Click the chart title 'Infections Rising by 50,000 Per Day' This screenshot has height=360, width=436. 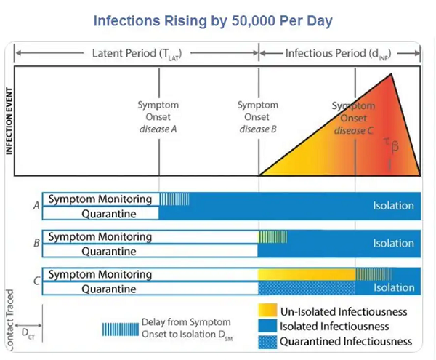click(x=213, y=20)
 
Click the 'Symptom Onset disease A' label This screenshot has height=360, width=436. click(x=158, y=117)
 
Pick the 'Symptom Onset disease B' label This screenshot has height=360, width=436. click(x=258, y=117)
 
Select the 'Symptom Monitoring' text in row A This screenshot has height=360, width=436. click(x=100, y=199)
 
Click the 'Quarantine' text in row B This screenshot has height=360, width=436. click(x=108, y=252)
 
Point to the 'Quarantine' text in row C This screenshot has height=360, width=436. click(x=108, y=289)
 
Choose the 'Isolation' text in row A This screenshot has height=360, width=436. click(x=393, y=206)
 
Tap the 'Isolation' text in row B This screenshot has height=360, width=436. click(x=393, y=244)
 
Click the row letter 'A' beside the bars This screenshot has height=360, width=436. click(x=36, y=206)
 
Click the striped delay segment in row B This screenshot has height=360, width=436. click(x=272, y=236)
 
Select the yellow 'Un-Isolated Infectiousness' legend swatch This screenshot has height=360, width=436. click(x=267, y=311)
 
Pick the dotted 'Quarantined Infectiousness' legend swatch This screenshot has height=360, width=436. click(x=267, y=341)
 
